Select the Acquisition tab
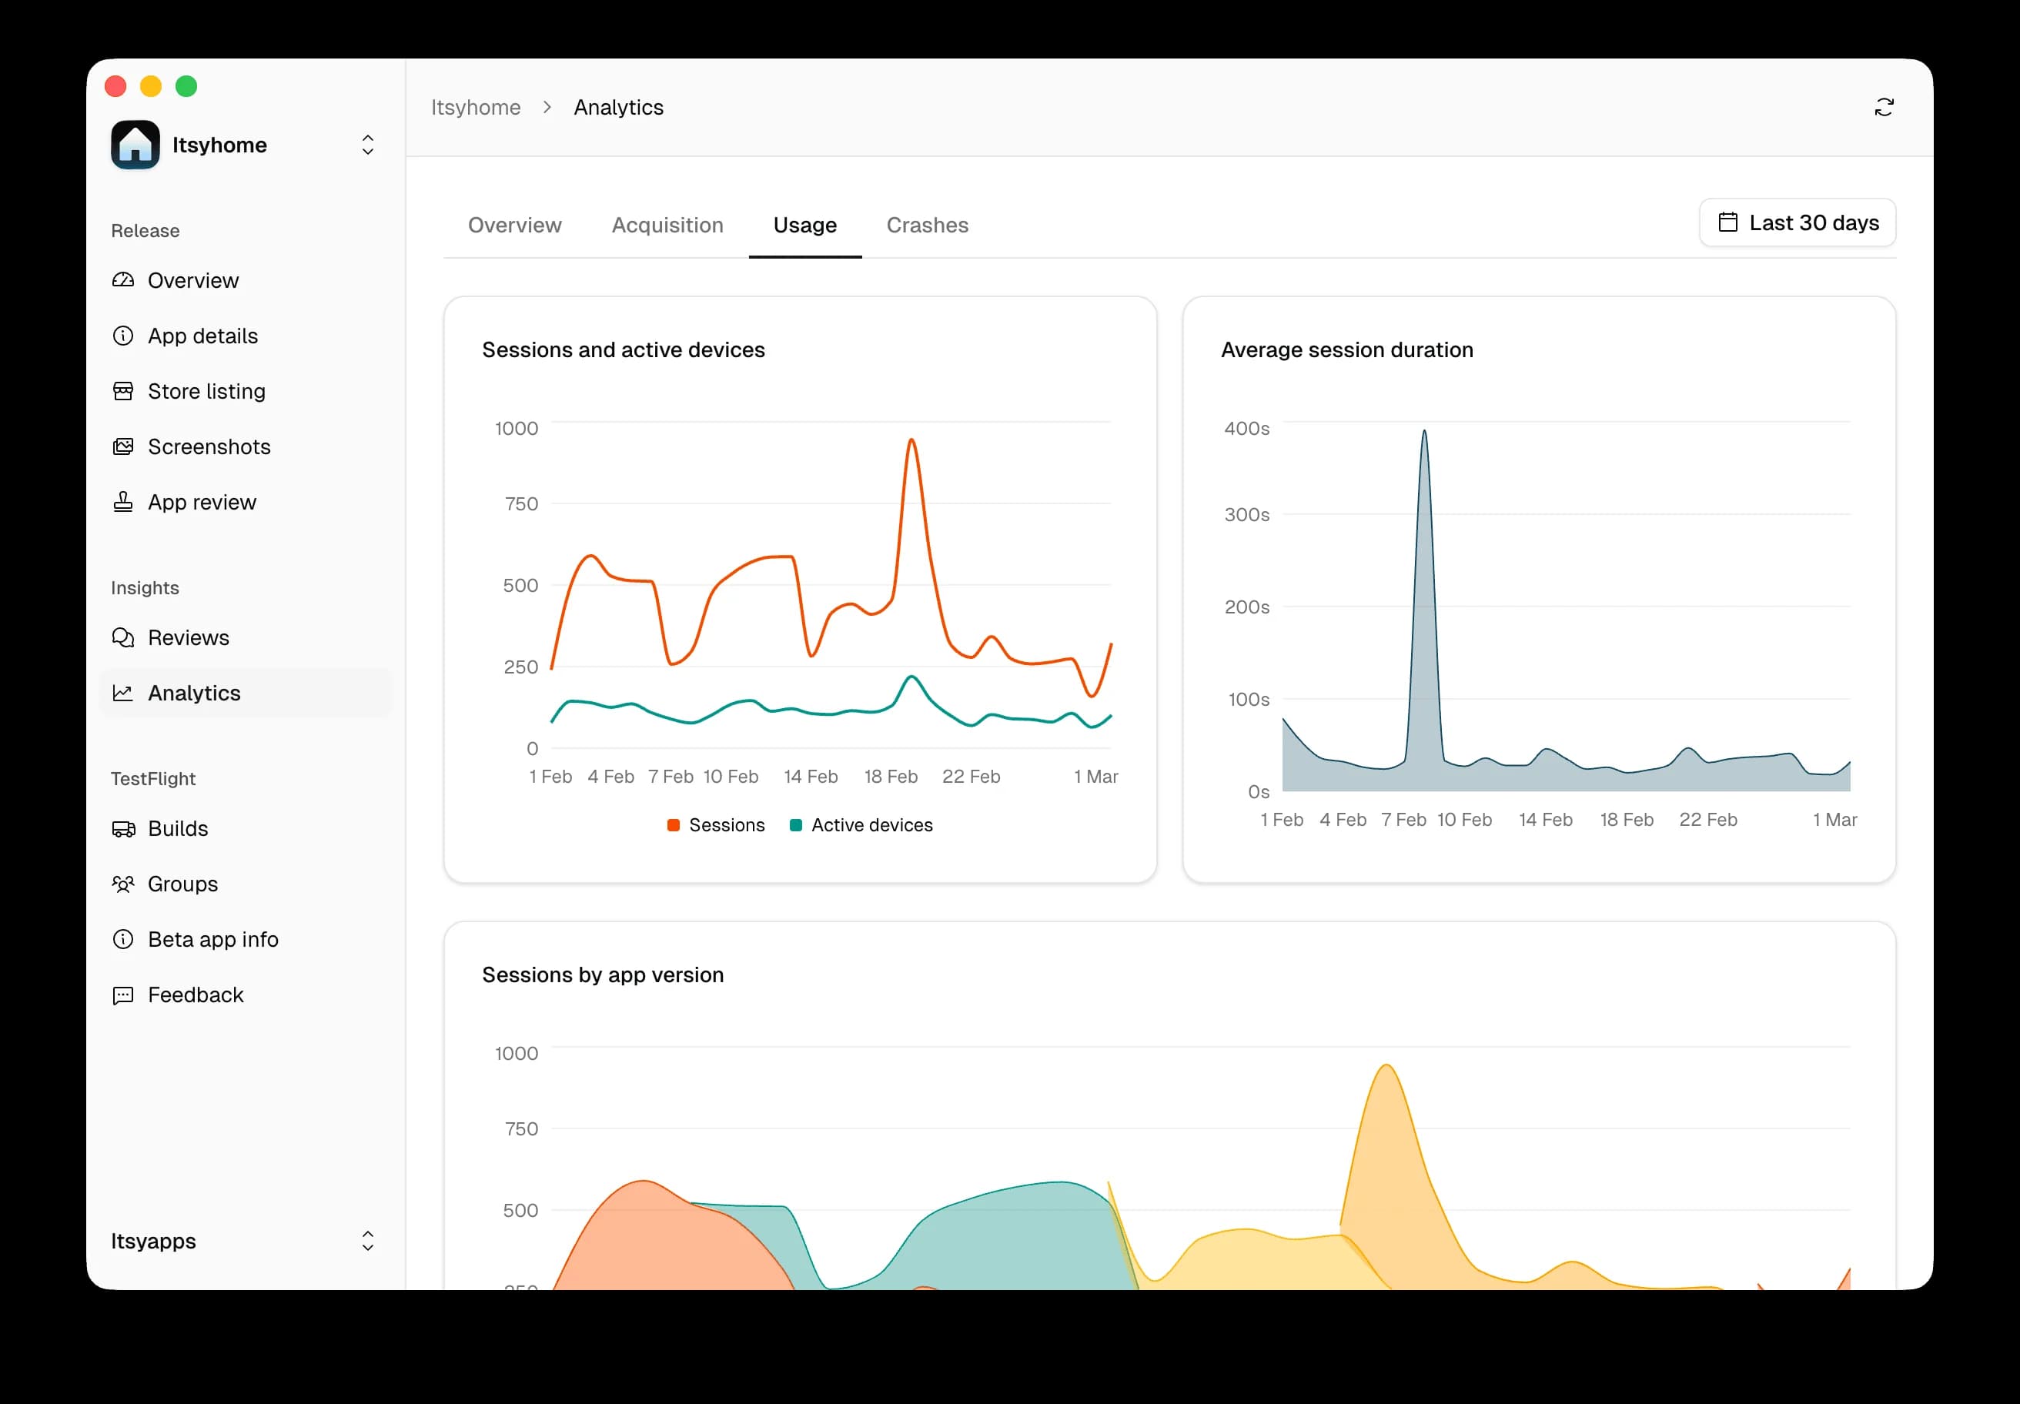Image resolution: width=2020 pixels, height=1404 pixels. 667,226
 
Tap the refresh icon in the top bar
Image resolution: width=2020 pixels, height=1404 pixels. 1883,107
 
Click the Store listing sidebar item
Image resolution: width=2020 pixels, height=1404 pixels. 206,392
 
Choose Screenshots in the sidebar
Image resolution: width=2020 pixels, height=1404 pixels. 209,447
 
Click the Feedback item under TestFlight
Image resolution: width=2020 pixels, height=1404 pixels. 196,995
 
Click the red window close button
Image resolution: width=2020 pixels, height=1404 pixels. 115,86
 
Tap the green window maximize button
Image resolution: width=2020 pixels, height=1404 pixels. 186,86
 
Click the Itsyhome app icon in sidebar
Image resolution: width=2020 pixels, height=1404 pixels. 135,145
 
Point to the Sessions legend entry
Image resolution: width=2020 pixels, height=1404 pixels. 716,825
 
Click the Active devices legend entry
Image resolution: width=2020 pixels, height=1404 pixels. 861,825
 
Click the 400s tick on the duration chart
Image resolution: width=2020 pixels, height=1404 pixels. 1246,429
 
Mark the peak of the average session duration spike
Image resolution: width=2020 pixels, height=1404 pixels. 1423,431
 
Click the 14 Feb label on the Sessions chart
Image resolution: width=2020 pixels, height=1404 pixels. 811,777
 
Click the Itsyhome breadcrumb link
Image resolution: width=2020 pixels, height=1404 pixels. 475,107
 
